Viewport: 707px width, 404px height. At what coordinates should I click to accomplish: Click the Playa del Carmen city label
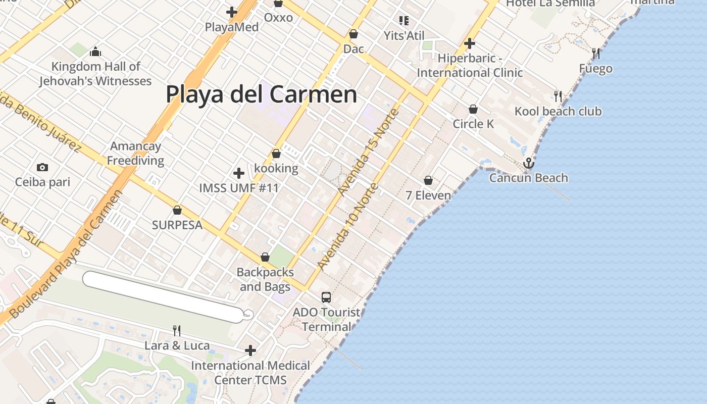(x=261, y=94)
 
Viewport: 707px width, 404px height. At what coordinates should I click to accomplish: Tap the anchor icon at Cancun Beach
(x=528, y=163)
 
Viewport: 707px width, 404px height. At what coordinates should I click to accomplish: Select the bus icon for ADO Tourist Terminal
(x=326, y=297)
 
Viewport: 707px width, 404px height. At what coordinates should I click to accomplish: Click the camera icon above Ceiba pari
(x=42, y=167)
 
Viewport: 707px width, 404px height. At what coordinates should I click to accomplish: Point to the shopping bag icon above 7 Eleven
(x=428, y=180)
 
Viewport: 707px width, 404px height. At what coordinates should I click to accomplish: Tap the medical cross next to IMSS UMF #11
(x=239, y=174)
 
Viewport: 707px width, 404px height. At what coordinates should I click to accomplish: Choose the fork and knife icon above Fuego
(x=596, y=54)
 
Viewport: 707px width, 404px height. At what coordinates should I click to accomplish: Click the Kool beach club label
(x=558, y=111)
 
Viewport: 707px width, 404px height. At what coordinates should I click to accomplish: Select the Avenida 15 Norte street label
(x=368, y=151)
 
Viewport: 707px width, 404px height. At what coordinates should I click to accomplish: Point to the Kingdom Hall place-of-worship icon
(x=95, y=52)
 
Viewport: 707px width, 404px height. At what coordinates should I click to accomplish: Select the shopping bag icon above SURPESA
(x=177, y=210)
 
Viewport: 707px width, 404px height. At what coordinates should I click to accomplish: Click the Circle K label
(x=473, y=124)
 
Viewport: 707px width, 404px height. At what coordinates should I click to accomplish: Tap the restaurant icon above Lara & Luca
(x=177, y=331)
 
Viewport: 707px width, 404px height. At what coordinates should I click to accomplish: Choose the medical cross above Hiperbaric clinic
(x=470, y=43)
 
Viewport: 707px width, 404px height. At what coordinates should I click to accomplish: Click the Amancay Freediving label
(x=135, y=154)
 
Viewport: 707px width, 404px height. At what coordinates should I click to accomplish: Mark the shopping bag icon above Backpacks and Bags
(x=265, y=258)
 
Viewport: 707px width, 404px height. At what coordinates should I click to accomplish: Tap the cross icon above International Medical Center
(x=250, y=350)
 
